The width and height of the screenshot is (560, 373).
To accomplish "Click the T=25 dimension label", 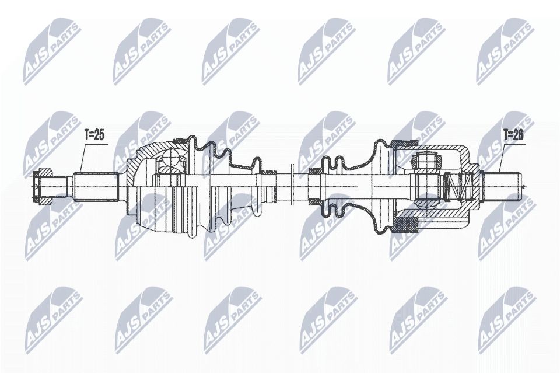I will pyautogui.click(x=94, y=135).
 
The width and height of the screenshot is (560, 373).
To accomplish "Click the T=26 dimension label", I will pyautogui.click(x=513, y=135).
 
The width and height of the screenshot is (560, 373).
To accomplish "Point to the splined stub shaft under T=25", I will pyautogui.click(x=96, y=186).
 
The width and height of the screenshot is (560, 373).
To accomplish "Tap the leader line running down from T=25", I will pyautogui.click(x=80, y=158).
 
